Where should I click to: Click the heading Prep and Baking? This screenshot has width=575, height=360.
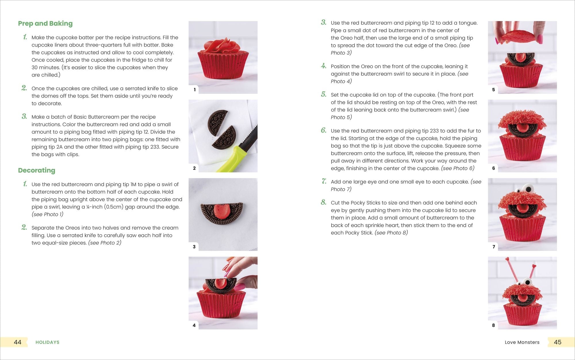(45, 24)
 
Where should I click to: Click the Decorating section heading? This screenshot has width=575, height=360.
(37, 170)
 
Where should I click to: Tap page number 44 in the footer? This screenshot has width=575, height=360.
(18, 342)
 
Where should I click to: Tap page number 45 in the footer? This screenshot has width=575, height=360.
(557, 342)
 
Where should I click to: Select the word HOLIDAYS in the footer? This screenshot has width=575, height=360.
(47, 342)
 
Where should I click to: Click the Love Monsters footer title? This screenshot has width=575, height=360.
(522, 342)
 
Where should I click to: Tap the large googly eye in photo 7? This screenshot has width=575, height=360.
(528, 189)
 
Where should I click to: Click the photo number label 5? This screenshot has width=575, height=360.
(493, 90)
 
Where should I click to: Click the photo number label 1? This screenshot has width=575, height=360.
(195, 90)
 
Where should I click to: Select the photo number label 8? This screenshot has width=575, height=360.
(493, 325)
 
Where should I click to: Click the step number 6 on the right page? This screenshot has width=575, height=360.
(324, 130)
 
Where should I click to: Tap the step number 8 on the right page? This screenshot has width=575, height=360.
(324, 202)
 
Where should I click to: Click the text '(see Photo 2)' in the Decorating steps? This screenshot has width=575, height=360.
(105, 243)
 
